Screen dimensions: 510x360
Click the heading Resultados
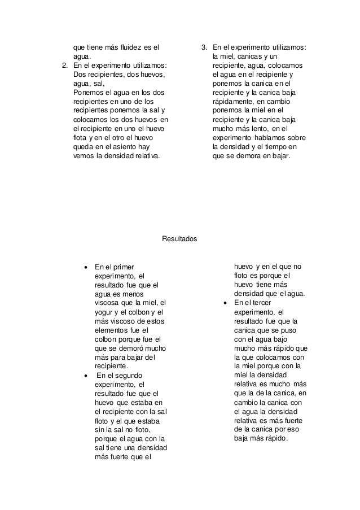point(179,239)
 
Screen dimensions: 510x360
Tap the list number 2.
point(64,66)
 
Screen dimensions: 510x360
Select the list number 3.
point(204,47)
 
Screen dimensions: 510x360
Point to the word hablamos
point(270,138)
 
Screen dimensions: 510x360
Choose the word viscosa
point(107,303)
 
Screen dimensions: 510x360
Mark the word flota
point(81,138)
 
